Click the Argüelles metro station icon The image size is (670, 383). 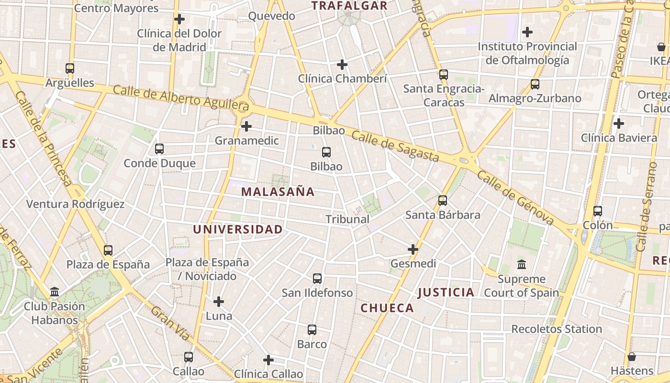tap(70, 68)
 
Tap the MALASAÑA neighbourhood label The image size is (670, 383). tap(278, 192)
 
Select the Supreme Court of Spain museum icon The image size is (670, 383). tap(521, 264)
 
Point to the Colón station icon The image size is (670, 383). tap(597, 211)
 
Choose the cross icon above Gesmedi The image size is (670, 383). tap(413, 249)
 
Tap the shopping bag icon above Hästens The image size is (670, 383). tap(632, 357)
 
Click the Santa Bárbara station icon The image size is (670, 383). tap(443, 200)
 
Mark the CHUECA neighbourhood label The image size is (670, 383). tap(387, 308)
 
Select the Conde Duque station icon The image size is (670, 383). tap(159, 149)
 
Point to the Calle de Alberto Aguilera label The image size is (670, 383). tap(181, 97)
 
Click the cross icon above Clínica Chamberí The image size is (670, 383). tap(342, 64)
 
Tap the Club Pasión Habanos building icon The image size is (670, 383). tap(55, 292)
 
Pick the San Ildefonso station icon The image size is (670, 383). tap(317, 278)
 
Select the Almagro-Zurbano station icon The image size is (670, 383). tap(535, 84)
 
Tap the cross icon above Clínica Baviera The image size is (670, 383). tap(619, 124)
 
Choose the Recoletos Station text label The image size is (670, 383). tap(557, 329)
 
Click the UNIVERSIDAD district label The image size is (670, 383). tap(238, 229)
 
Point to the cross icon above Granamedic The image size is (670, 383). tap(246, 126)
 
